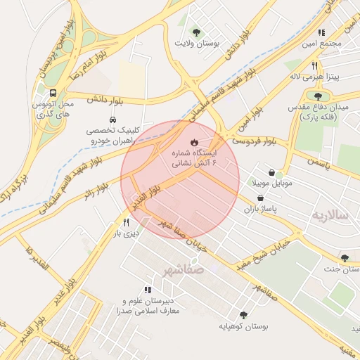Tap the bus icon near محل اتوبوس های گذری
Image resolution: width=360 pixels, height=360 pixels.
(53, 94)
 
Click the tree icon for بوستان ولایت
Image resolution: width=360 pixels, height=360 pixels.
(195, 32)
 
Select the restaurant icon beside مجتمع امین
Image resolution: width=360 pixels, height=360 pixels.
(321, 32)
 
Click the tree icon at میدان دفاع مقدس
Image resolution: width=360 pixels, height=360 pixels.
(318, 96)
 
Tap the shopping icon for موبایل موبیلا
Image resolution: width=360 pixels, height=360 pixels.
(272, 172)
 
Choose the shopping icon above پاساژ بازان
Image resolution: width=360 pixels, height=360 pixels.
(261, 198)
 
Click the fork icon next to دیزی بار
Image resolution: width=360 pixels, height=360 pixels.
(127, 222)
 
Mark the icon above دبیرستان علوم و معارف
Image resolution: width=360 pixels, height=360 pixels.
(148, 290)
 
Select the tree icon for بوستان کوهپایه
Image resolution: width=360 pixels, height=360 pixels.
(243, 315)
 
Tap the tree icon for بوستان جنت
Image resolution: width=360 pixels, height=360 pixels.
(344, 258)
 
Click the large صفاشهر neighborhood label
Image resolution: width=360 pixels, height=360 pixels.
(181, 269)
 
